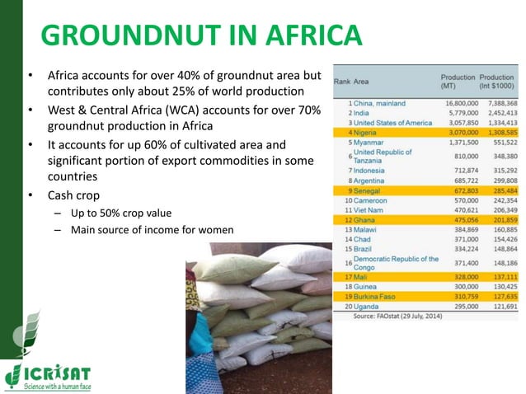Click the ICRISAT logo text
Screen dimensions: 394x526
[x=57, y=372]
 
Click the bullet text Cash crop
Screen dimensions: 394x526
[x=73, y=196]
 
